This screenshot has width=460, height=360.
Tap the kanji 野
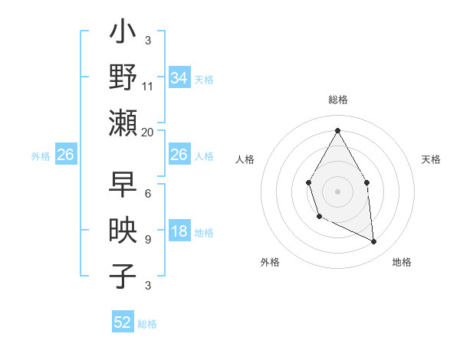click(123, 78)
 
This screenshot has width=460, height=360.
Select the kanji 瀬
click(123, 122)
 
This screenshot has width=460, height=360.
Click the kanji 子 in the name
click(123, 275)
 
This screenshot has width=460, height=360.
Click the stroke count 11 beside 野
click(148, 87)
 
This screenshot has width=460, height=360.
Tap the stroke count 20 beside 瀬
click(148, 132)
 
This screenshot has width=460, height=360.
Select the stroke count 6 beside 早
click(148, 194)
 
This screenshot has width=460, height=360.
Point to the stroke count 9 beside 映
click(148, 240)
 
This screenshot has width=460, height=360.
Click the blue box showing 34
click(179, 78)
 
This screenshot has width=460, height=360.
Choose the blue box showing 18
click(179, 232)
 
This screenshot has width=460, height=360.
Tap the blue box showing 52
click(123, 322)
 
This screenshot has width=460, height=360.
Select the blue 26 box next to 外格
click(66, 155)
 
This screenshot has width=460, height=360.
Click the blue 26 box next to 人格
click(179, 155)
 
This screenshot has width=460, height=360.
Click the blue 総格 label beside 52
click(147, 324)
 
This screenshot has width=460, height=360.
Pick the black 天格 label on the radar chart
click(431, 159)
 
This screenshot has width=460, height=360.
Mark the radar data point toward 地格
click(374, 242)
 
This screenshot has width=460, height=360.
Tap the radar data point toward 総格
click(337, 130)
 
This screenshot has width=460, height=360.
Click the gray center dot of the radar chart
click(337, 191)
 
